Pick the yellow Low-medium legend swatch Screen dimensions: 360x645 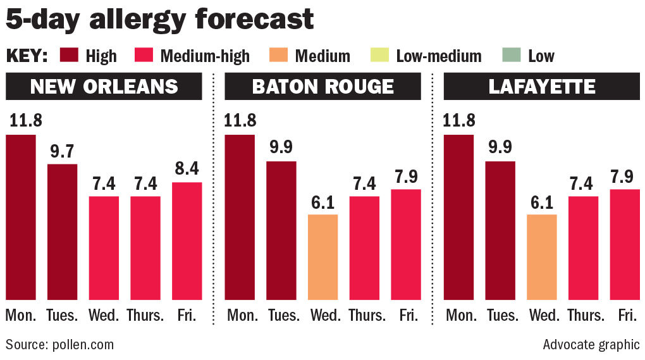(379, 56)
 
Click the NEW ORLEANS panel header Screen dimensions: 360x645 (104, 86)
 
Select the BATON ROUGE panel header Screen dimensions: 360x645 (322, 86)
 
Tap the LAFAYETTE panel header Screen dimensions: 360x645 (541, 86)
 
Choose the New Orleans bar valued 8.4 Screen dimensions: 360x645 (187, 240)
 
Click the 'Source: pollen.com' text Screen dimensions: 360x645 (59, 345)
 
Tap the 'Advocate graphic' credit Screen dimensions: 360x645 (591, 345)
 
